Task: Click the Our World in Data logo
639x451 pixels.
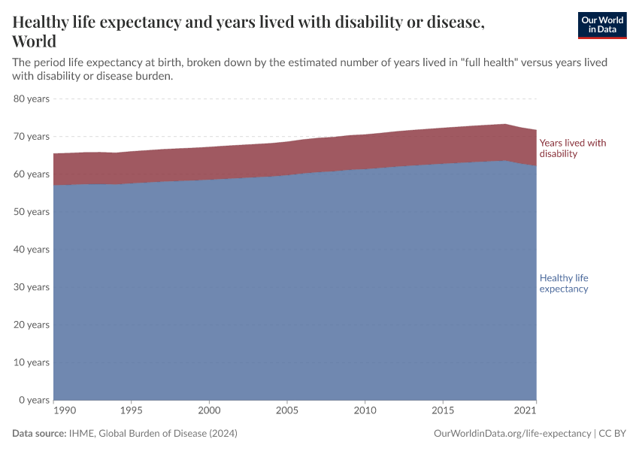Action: (x=601, y=25)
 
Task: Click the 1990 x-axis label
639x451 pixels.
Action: (x=64, y=411)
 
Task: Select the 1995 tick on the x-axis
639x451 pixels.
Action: (x=132, y=411)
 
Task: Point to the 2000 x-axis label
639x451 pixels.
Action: (x=209, y=411)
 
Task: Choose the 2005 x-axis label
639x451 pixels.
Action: (x=287, y=411)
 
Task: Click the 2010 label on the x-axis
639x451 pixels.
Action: (x=365, y=411)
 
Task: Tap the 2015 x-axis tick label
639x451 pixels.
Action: (x=443, y=411)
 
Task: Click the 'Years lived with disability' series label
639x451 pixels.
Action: (x=572, y=148)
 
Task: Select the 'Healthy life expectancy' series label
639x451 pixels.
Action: (x=564, y=283)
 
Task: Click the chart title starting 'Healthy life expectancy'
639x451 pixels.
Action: (x=248, y=32)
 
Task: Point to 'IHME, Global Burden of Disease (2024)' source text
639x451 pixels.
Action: (x=153, y=434)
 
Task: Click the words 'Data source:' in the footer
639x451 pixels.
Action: (x=39, y=434)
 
